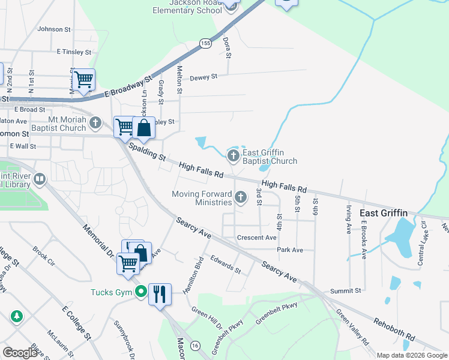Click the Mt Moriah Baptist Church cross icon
(x=95, y=124)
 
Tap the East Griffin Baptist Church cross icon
(x=234, y=157)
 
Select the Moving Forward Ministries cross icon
(x=241, y=197)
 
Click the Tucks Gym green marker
(x=141, y=293)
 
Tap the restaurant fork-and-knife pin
(x=160, y=294)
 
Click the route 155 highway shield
(x=205, y=43)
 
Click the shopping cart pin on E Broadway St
(x=83, y=79)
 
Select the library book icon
(x=40, y=179)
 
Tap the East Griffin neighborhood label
(x=383, y=213)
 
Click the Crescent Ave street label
(x=256, y=238)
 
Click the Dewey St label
(x=203, y=77)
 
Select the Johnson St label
(x=54, y=29)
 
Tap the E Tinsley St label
(x=74, y=52)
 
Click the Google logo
(x=20, y=353)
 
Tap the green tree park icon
(x=16, y=316)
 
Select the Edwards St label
(x=226, y=265)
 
